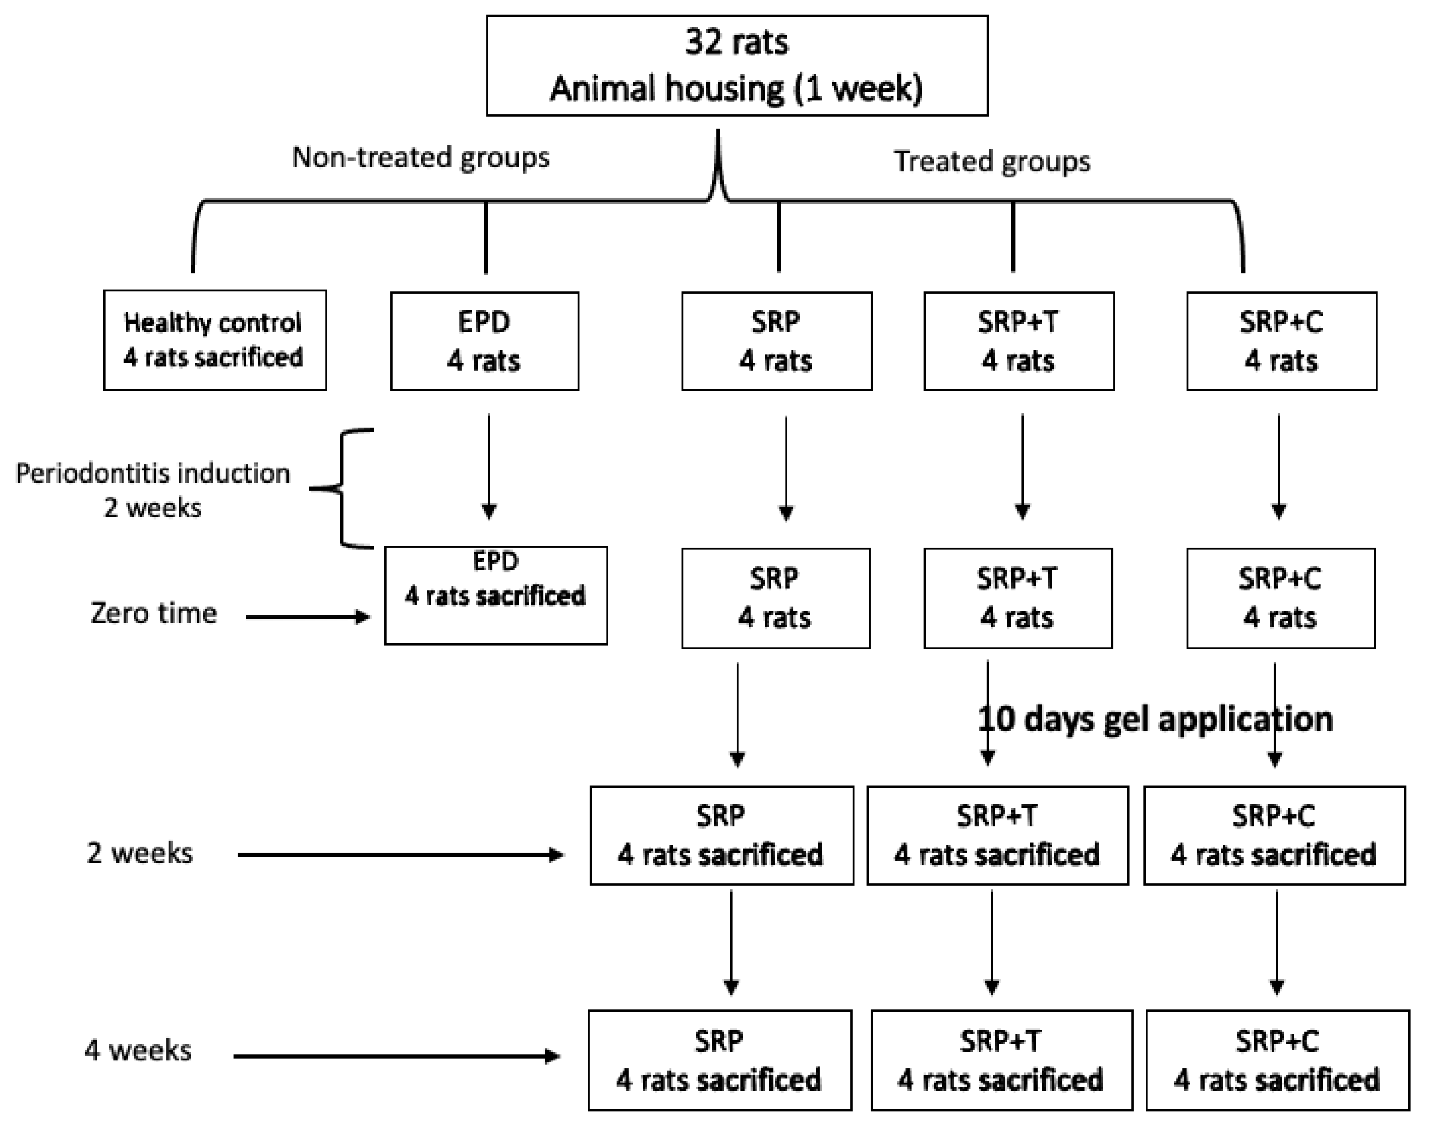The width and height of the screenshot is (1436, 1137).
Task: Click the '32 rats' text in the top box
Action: pos(737,42)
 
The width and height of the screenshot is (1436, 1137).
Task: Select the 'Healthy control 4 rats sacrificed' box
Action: pos(215,340)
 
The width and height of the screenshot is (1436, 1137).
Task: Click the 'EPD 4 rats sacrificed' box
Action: pos(495,595)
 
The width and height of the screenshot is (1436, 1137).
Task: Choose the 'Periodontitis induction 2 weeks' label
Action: pos(153,490)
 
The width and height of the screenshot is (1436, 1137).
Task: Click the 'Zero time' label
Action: pos(154,613)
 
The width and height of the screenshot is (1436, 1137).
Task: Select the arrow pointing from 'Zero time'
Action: pos(307,617)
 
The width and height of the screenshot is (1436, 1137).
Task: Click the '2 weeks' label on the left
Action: pos(139,853)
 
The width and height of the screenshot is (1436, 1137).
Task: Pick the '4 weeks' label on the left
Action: pos(137,1050)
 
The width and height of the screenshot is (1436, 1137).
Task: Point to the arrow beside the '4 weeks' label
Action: pos(396,1056)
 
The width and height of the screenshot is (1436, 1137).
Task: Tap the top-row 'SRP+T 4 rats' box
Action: pos(1019,341)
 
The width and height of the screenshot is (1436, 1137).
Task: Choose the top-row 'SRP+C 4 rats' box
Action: pos(1281,341)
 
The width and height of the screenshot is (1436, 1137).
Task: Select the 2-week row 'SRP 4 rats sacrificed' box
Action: pos(721,835)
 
